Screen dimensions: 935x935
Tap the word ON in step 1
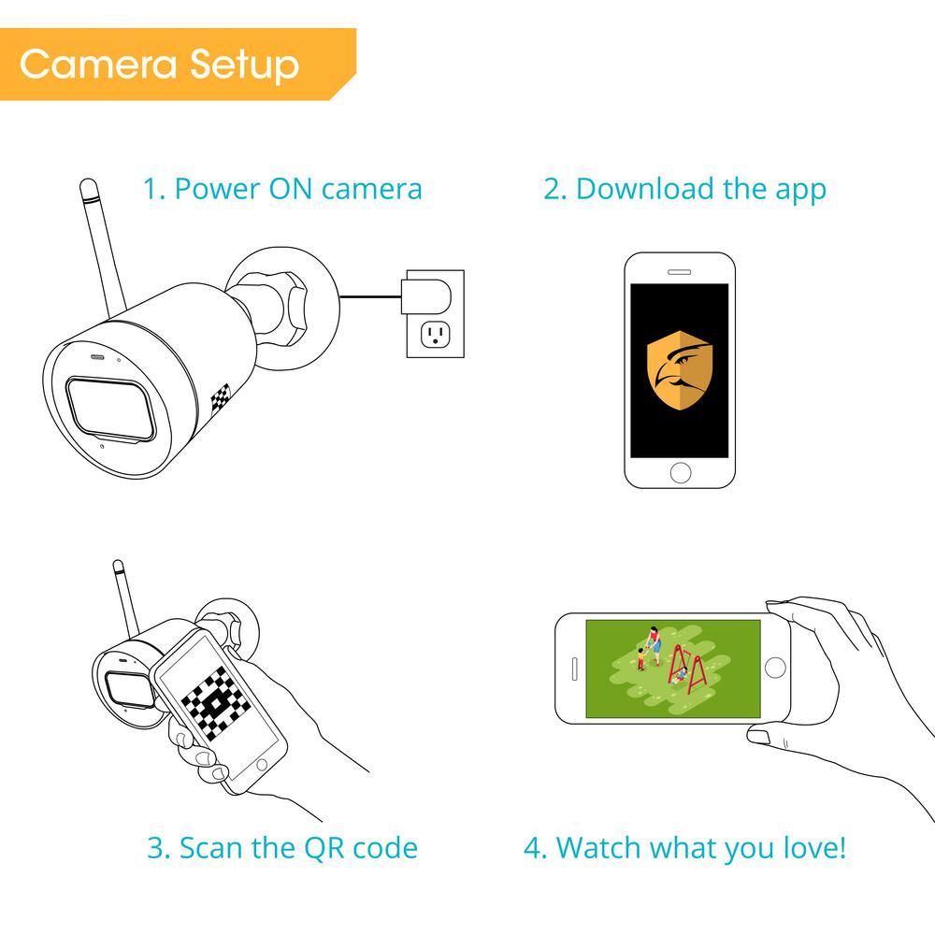coord(291,189)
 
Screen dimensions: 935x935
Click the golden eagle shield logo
coord(679,370)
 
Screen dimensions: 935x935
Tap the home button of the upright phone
coord(681,473)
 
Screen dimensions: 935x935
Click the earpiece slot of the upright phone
coord(679,272)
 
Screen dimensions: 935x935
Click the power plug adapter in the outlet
coord(425,296)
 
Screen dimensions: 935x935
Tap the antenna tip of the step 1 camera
coord(88,185)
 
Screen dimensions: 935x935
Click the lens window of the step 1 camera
coord(111,409)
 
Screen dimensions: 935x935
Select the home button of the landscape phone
coord(774,668)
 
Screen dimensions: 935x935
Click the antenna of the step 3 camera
coord(126,598)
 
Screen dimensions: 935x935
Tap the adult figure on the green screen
coord(654,645)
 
